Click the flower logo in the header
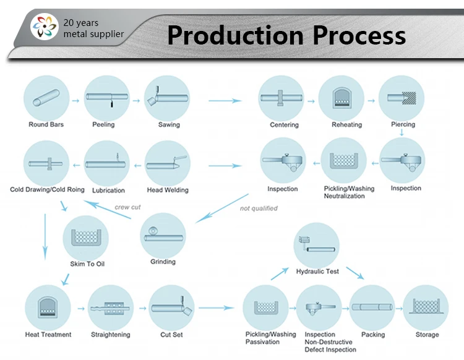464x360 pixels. pyautogui.click(x=46, y=27)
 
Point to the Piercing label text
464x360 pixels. pyautogui.click(x=403, y=124)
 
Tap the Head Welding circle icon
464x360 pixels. pyautogui.click(x=168, y=164)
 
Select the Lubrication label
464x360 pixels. pyautogui.click(x=108, y=190)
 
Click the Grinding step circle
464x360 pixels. pyautogui.click(x=163, y=235)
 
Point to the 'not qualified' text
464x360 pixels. pyautogui.click(x=259, y=208)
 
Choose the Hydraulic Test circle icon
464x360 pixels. pyautogui.click(x=316, y=246)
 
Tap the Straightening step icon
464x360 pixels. pyautogui.click(x=111, y=307)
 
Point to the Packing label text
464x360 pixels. pyautogui.click(x=372, y=335)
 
